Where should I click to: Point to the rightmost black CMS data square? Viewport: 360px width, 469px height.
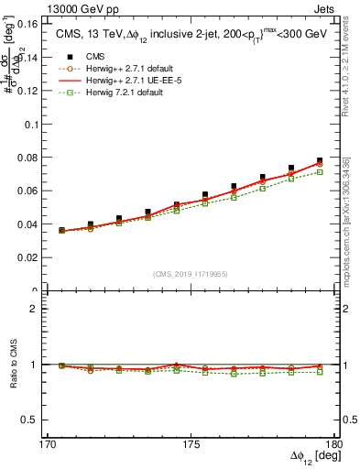coord(320,161)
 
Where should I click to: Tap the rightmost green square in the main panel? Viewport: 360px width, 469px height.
coord(320,172)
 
